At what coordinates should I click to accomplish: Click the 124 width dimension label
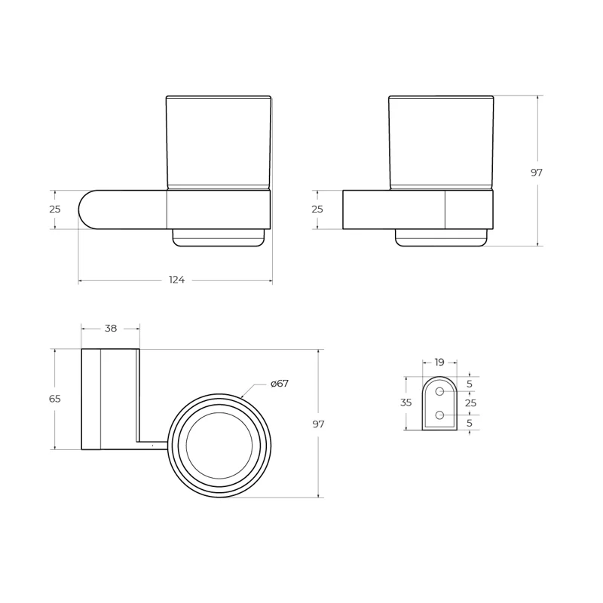(176, 280)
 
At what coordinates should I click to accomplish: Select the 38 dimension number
(111, 329)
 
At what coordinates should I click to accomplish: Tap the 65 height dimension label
(55, 399)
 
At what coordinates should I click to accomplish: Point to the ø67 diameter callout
(280, 384)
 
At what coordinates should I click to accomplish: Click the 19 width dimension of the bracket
(439, 362)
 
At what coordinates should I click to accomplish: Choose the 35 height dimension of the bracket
(406, 403)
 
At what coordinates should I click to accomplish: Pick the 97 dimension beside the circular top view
(318, 424)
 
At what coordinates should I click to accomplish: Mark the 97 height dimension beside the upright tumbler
(537, 173)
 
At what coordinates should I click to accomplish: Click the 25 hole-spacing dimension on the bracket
(471, 403)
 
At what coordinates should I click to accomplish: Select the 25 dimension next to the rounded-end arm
(55, 210)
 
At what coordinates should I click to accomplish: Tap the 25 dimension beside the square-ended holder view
(317, 210)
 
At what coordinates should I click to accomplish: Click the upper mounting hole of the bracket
(440, 391)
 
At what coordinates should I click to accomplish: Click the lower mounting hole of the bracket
(440, 415)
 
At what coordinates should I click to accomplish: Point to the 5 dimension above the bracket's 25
(470, 384)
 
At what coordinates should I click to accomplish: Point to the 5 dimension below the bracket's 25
(470, 424)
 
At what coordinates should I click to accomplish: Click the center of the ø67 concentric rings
(219, 445)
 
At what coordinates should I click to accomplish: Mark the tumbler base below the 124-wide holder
(219, 237)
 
